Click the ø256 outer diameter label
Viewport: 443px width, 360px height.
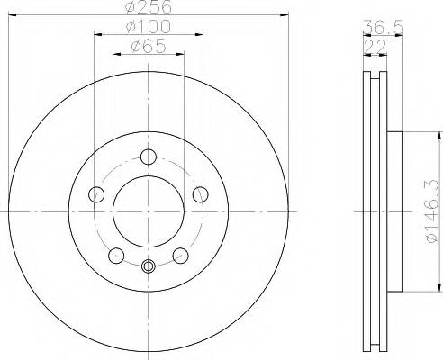(x=149, y=7)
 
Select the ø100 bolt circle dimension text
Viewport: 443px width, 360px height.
(x=149, y=30)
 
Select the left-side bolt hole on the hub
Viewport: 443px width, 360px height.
(x=95, y=193)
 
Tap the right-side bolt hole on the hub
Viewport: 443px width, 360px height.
(x=201, y=193)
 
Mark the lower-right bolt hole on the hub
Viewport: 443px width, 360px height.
(x=180, y=255)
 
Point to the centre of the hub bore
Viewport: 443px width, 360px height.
(x=149, y=210)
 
